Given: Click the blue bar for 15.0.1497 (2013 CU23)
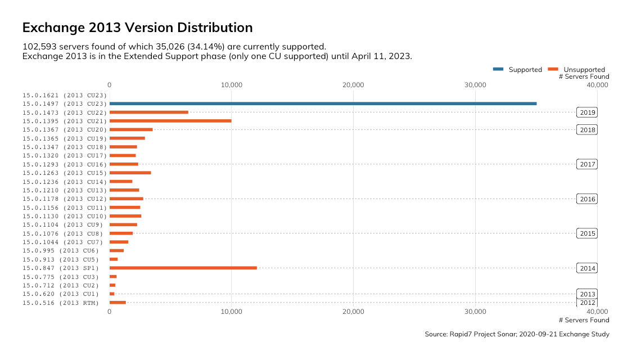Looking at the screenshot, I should click(x=323, y=103).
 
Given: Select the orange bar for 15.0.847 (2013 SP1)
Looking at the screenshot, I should click(x=183, y=268).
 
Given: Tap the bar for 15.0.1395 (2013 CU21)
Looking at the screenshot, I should click(x=170, y=121).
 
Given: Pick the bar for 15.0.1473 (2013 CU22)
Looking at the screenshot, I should click(x=148, y=112).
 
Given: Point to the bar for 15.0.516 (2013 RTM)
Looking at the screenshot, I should click(x=118, y=303).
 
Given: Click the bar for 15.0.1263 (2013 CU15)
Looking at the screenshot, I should click(x=130, y=173).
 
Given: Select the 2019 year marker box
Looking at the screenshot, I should click(x=587, y=112).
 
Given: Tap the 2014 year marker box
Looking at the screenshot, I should click(x=587, y=268).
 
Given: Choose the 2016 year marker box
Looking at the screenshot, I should click(x=587, y=199).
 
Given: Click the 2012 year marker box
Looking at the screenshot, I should click(x=587, y=303).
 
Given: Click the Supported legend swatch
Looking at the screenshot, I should click(x=498, y=69).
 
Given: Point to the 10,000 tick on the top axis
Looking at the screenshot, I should click(x=232, y=85).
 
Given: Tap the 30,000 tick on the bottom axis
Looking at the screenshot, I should click(x=476, y=311).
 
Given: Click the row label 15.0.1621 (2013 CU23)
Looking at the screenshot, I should click(x=64, y=95).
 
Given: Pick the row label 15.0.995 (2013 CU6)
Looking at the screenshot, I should click(x=60, y=251).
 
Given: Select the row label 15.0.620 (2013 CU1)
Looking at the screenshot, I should click(x=60, y=294).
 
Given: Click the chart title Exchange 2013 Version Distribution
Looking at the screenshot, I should click(x=137, y=28).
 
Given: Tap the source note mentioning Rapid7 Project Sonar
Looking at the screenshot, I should click(x=517, y=334).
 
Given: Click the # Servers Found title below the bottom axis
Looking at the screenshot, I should click(x=584, y=320).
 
